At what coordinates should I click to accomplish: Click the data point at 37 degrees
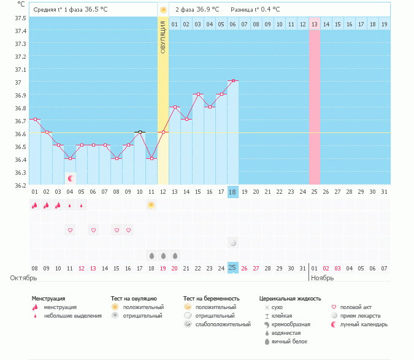click(233, 80)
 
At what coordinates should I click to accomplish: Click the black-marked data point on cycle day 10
click(140, 132)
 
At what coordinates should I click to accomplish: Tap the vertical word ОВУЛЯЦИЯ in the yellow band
click(163, 37)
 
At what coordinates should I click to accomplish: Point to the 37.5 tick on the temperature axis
click(20, 18)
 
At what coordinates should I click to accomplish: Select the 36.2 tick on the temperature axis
click(20, 185)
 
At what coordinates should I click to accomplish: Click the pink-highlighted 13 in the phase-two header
click(315, 25)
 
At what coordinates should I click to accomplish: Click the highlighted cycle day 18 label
click(232, 192)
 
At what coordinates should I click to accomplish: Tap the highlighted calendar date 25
click(232, 268)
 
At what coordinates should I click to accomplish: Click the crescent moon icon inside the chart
click(71, 178)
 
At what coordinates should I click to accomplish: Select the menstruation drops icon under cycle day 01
click(34, 205)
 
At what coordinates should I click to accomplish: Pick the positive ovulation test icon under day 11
click(151, 205)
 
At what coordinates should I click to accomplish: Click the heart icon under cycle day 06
click(93, 230)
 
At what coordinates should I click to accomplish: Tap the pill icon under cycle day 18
click(233, 243)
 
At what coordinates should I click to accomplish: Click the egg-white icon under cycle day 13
click(175, 256)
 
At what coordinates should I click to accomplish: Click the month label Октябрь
click(23, 278)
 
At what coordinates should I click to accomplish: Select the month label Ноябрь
click(323, 278)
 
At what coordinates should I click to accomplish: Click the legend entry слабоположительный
click(223, 324)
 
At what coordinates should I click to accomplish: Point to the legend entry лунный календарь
click(364, 324)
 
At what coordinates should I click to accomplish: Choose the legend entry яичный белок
click(289, 342)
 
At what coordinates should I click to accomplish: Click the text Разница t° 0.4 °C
click(255, 10)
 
